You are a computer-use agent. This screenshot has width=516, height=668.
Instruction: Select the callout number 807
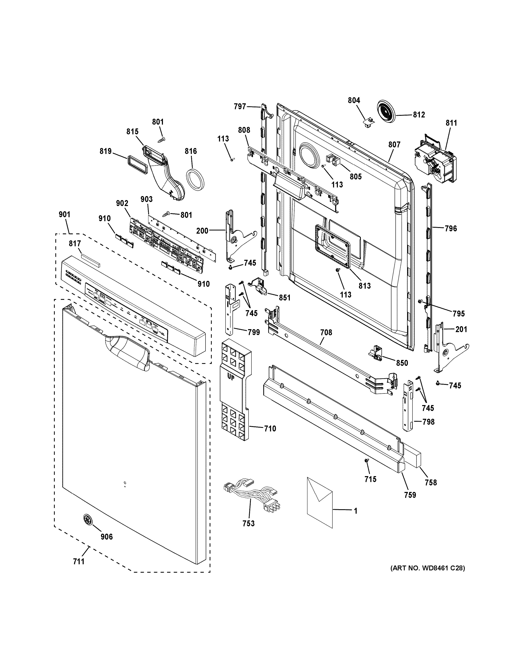coord(394,144)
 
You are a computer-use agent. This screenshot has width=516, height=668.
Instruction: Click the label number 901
coord(64,214)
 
